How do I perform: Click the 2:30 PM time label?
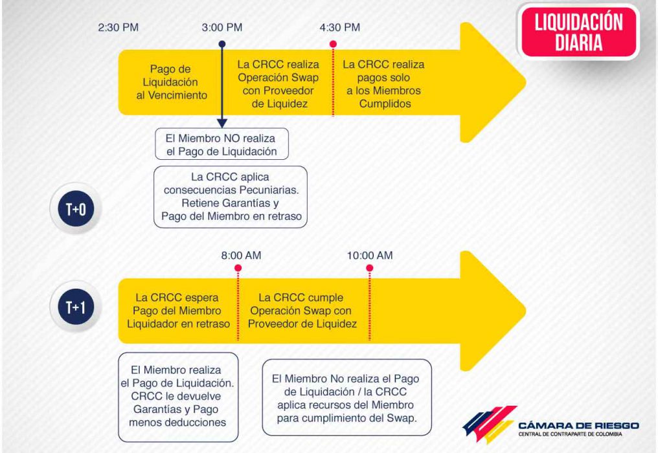[x=119, y=28]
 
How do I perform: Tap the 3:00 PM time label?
[x=222, y=28]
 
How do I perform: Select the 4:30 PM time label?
[x=340, y=28]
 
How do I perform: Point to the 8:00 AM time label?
[x=242, y=256]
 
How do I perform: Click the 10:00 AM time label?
[x=370, y=256]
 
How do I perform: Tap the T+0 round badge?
[x=76, y=209]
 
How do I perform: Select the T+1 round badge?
[x=76, y=307]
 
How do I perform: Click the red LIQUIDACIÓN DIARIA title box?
[x=579, y=32]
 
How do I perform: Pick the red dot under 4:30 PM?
[x=333, y=44]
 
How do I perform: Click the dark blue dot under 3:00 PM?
[x=222, y=44]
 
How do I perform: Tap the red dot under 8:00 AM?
[x=238, y=268]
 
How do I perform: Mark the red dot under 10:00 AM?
[x=370, y=268]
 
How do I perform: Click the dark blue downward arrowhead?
[x=222, y=124]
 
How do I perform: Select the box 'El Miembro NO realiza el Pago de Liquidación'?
[x=222, y=144]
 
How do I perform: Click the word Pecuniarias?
[x=270, y=190]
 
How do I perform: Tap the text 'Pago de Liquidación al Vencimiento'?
[x=171, y=82]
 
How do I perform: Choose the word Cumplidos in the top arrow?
[x=385, y=104]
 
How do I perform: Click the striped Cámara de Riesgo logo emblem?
[x=490, y=424]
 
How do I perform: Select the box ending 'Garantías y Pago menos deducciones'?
[x=178, y=397]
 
